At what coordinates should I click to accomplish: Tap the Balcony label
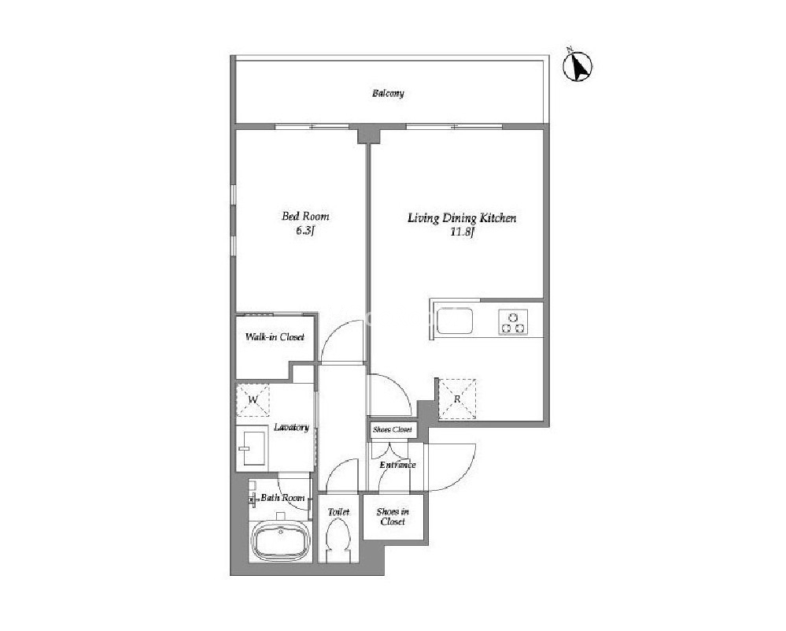(x=388, y=94)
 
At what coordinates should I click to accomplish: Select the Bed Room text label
(x=305, y=217)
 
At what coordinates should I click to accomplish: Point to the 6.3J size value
(x=304, y=231)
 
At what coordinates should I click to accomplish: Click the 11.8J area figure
(x=462, y=232)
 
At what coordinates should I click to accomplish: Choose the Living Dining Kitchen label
(x=462, y=218)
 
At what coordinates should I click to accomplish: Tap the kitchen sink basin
(x=454, y=321)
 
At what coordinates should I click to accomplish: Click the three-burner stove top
(x=513, y=322)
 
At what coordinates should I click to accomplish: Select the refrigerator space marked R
(x=457, y=399)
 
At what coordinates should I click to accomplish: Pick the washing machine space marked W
(x=253, y=400)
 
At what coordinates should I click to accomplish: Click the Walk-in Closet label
(x=275, y=337)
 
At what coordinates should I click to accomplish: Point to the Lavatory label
(x=291, y=427)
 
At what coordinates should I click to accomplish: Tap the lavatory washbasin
(x=252, y=447)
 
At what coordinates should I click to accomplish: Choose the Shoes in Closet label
(x=393, y=517)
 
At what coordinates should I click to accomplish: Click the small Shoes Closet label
(x=393, y=429)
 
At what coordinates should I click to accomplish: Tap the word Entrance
(x=397, y=465)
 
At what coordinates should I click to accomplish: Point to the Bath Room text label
(x=282, y=498)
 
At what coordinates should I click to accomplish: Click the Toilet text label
(x=338, y=512)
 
